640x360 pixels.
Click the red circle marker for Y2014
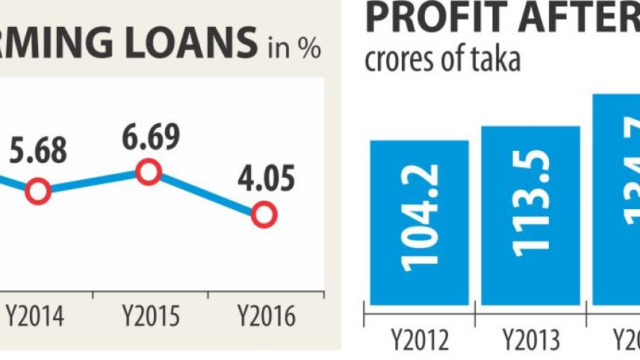point(37,191)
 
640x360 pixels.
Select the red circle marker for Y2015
point(149,173)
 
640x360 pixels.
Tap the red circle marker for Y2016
point(264,216)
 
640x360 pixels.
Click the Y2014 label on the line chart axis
point(35,317)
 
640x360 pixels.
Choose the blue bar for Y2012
point(419,222)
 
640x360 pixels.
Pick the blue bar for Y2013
point(531,215)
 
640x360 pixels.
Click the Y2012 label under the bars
point(420,341)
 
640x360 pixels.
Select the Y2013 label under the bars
point(531,341)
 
